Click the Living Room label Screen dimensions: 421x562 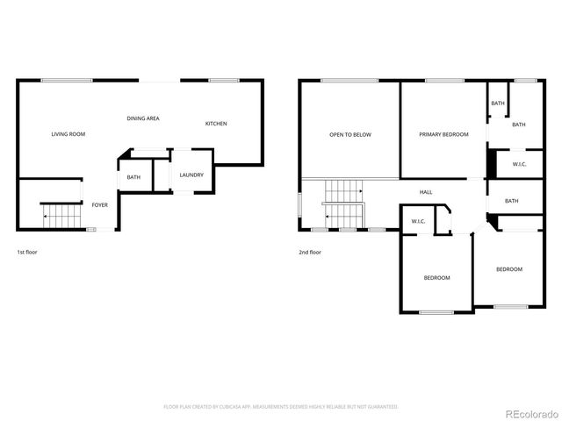click(68, 134)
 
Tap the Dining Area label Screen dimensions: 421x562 click(142, 118)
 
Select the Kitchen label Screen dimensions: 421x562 click(216, 124)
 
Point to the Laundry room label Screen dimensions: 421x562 click(191, 175)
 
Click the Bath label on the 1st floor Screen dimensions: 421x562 click(133, 178)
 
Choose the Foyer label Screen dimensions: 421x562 click(100, 205)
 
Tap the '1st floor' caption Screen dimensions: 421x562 click(26, 252)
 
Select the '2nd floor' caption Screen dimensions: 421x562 click(309, 252)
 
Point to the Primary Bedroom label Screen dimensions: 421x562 click(443, 134)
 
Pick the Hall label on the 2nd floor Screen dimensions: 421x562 click(426, 192)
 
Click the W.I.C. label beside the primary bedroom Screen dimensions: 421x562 click(519, 164)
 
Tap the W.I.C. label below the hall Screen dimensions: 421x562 click(418, 221)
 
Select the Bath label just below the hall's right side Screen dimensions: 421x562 click(511, 201)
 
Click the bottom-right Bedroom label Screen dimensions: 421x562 click(508, 269)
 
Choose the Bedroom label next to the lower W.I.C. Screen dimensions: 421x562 click(436, 278)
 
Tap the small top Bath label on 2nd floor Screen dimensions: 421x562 click(498, 103)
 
